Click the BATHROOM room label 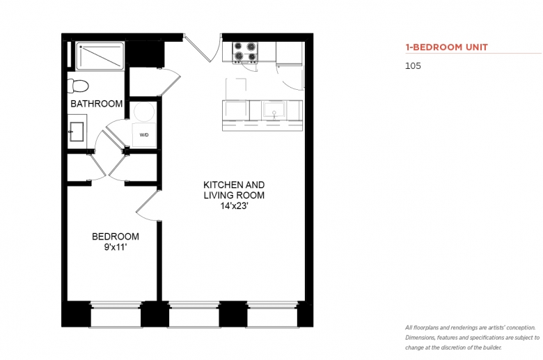[x=97, y=104]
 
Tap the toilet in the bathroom [x=78, y=86]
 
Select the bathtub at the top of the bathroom [x=100, y=56]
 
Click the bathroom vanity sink [x=77, y=132]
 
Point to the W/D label [x=144, y=135]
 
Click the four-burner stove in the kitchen [x=245, y=52]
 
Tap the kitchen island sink [x=274, y=110]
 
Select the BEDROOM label [x=116, y=237]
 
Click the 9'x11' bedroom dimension [x=116, y=247]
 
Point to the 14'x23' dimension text [x=235, y=206]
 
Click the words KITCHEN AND [x=234, y=185]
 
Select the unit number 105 [x=413, y=66]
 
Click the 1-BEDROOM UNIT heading [x=447, y=47]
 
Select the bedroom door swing [x=147, y=206]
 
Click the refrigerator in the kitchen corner [x=290, y=54]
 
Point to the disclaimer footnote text [x=473, y=338]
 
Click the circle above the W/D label [x=144, y=111]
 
